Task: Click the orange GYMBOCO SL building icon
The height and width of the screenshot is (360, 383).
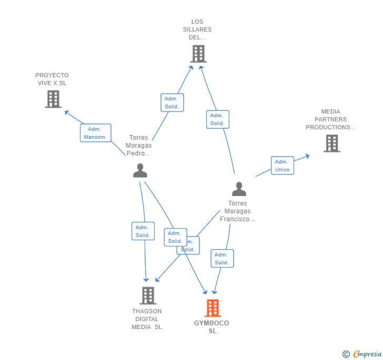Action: pos(213,308)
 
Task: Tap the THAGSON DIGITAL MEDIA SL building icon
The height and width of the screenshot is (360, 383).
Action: pos(148,295)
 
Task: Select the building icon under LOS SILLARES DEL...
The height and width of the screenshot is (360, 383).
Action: pos(198,54)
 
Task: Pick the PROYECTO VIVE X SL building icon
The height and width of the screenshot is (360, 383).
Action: pos(53,99)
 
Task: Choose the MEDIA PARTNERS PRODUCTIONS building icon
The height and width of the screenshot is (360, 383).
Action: pos(331,143)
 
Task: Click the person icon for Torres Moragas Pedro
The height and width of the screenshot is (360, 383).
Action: pos(140,171)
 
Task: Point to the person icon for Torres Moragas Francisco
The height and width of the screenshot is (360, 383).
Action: pos(239,189)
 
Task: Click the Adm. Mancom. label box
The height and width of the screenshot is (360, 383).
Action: pos(95,133)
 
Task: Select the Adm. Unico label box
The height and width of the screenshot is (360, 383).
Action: pos(282,166)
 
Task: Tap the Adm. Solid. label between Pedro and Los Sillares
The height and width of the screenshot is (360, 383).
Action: pos(172,102)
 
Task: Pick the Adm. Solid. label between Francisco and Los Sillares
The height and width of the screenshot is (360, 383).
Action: pos(217,119)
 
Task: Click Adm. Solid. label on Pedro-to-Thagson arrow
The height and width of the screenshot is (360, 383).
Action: pos(143,231)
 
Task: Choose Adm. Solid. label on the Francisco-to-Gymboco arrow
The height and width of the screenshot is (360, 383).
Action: pos(221,259)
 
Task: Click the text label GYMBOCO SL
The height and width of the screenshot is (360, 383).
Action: pos(212,327)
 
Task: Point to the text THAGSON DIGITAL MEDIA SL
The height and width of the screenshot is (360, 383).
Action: pos(147,319)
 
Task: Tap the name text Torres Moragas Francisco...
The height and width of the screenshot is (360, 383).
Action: pos(238,211)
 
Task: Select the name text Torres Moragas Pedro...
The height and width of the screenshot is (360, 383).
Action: pos(138,146)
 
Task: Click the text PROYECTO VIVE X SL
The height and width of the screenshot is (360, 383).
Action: pos(52,79)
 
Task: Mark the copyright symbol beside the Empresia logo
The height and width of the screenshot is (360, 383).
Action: pos(346,354)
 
